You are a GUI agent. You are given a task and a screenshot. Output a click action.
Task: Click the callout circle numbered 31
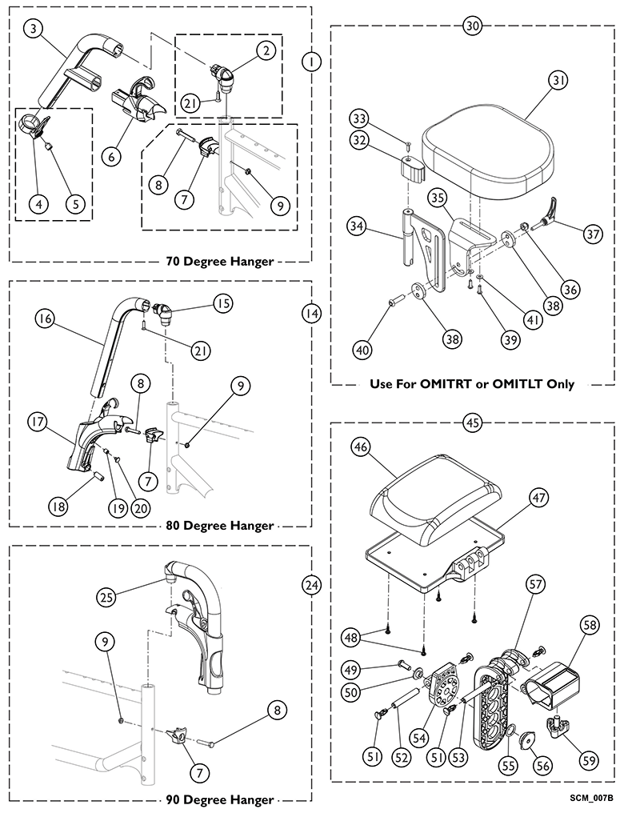(558, 80)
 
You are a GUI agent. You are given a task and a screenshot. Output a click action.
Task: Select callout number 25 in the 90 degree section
(105, 596)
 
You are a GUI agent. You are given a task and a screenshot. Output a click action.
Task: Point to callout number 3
(33, 30)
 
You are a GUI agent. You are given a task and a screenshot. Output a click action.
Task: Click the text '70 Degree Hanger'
(220, 261)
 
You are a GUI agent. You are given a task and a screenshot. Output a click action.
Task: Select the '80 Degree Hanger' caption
(220, 526)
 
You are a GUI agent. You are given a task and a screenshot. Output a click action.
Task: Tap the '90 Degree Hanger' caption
(220, 799)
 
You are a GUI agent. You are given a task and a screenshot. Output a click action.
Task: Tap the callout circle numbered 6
(111, 156)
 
